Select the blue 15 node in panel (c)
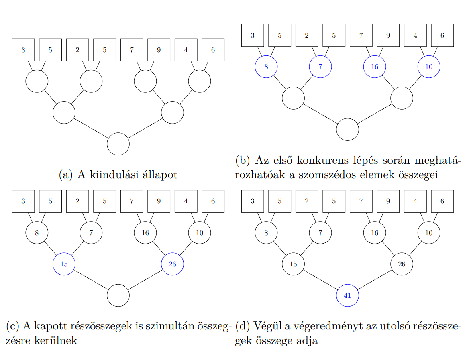[64, 264]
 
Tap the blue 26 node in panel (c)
[172, 264]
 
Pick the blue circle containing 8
[266, 67]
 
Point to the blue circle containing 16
[375, 67]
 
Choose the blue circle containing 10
[429, 67]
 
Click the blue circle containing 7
[320, 67]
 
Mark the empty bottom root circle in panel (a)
[118, 144]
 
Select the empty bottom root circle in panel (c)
[118, 295]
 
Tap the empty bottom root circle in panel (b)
[347, 129]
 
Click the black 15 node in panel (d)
[293, 264]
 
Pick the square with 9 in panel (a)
[159, 50]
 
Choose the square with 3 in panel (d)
[252, 201]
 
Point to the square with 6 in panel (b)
[442, 35]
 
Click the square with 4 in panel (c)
[186, 201]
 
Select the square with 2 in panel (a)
[77, 50]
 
